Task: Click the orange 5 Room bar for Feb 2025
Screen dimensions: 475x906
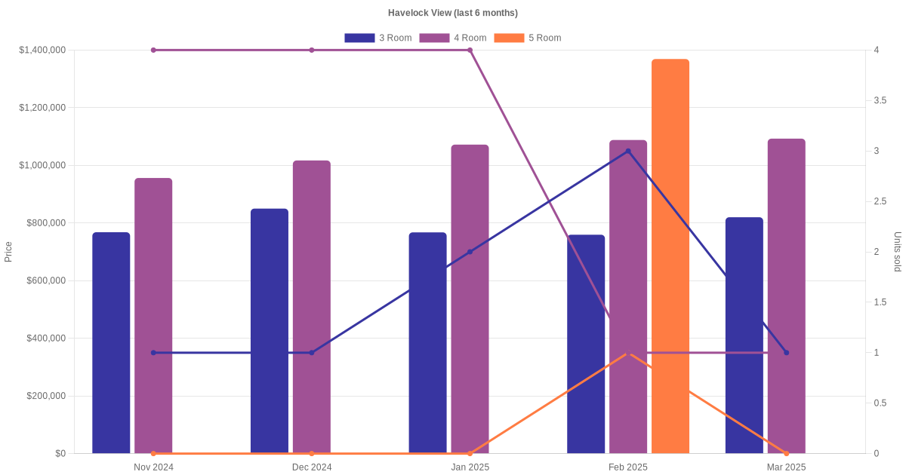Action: coord(670,256)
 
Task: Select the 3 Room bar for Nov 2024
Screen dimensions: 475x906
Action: coord(111,343)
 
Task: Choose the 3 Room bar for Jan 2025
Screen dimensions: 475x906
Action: coord(427,343)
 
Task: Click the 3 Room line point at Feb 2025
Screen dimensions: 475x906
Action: coord(628,151)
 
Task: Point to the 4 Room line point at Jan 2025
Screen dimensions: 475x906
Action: coord(470,50)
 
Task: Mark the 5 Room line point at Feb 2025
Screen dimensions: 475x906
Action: coord(628,353)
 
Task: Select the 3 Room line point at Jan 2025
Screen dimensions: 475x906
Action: coord(470,252)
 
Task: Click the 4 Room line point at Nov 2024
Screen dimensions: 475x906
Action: coord(153,50)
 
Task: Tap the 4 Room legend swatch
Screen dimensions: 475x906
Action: coord(433,38)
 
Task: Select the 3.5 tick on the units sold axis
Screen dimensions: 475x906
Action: coord(879,100)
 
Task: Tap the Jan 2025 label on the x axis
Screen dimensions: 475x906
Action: coord(470,467)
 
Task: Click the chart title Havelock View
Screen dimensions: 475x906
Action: coord(453,13)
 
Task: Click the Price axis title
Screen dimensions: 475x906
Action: coord(8,252)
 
